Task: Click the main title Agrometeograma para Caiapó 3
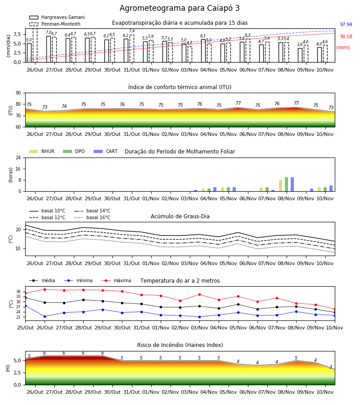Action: pos(180,8)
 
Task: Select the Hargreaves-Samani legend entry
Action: pos(57,17)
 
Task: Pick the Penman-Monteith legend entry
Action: pos(55,24)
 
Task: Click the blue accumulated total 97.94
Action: pos(346,25)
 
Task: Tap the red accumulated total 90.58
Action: pos(346,37)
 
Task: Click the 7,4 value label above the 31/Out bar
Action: pos(132,31)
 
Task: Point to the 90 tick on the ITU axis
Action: pos(18,93)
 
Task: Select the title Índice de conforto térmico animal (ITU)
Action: pos(180,87)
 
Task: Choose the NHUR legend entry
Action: pos(42,151)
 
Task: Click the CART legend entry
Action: pos(106,151)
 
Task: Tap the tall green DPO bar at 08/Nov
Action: pos(286,184)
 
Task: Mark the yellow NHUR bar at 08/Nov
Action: pos(280,186)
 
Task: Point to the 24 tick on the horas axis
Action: pos(18,158)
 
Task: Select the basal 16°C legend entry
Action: pos(92,217)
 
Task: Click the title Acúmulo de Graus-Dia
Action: pos(180,216)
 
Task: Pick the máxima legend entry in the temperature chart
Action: pos(116,280)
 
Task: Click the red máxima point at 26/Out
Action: pos(45,289)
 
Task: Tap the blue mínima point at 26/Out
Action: pos(45,316)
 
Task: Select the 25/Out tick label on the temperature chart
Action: pos(25,328)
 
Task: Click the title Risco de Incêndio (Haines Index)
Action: pos(180,345)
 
